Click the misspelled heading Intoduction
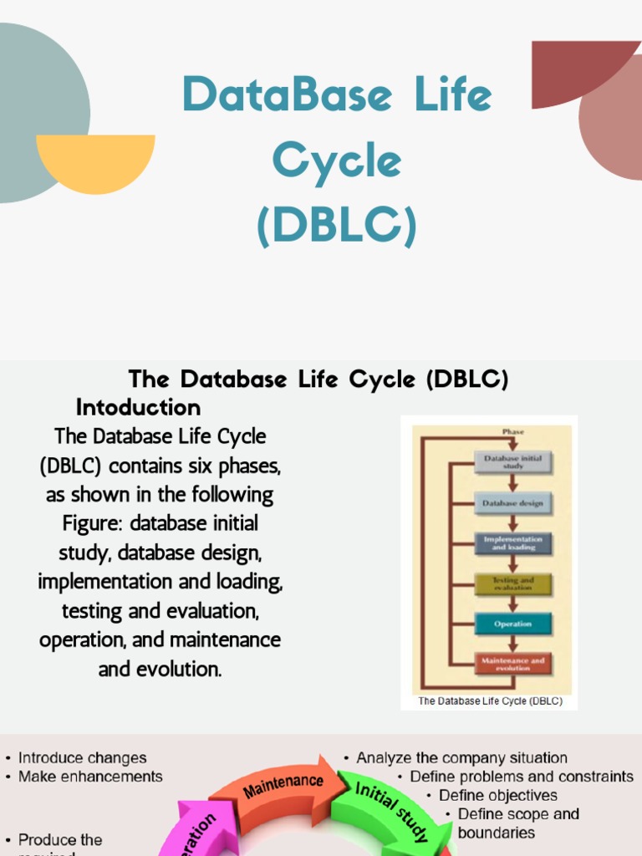coord(138,407)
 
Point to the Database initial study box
coord(513,461)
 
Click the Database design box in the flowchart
coord(513,503)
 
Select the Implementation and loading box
coord(513,543)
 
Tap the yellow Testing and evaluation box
coord(513,583)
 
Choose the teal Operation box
coord(513,624)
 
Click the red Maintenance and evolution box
coord(513,664)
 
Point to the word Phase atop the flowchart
coord(512,432)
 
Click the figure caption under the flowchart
coord(490,701)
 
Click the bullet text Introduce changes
coord(82,758)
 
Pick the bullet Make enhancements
coord(90,777)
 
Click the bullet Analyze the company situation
coord(461,758)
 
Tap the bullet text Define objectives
coord(497,795)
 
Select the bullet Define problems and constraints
coord(521,777)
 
